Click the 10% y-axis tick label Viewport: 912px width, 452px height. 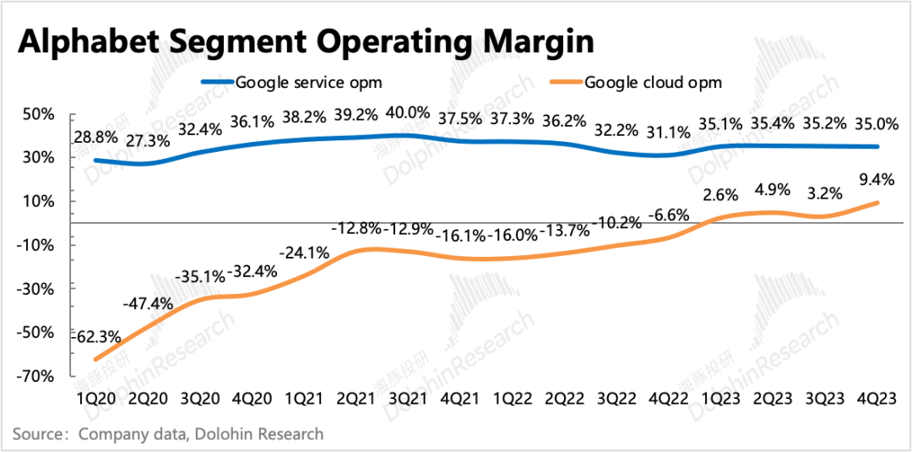42,201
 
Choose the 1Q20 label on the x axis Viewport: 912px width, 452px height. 94,397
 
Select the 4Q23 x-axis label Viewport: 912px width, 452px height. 878,397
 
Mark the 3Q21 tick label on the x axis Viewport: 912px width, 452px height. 408,397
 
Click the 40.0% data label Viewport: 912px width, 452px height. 408,113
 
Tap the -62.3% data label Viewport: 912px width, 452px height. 95,336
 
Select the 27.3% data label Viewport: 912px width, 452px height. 148,140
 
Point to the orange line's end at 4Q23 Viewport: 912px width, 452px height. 878,202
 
